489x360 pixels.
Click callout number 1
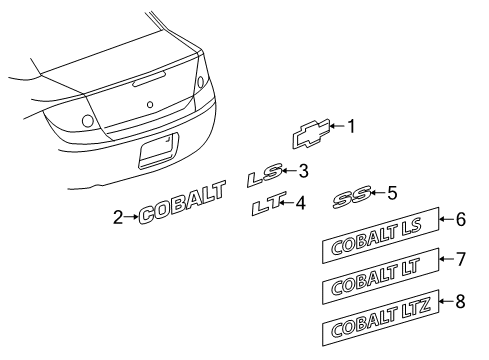(351, 126)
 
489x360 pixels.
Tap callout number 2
(119, 217)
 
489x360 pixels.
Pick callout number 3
(303, 170)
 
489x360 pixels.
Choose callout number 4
(301, 203)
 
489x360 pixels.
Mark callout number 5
(393, 191)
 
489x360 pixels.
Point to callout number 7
(461, 260)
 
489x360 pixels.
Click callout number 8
(461, 298)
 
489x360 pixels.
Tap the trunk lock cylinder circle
(150, 105)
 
